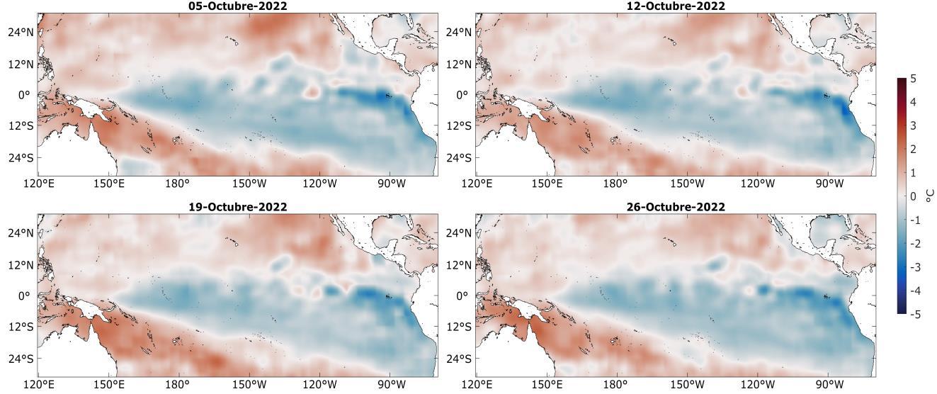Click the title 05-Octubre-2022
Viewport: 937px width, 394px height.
point(237,6)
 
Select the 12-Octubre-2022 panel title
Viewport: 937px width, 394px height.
point(676,6)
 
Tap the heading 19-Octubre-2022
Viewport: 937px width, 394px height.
point(237,207)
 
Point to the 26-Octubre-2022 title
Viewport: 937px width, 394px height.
point(676,207)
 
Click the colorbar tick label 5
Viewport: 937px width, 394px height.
point(913,79)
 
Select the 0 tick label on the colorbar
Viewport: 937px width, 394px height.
point(913,196)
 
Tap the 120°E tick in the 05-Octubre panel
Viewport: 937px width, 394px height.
point(40,184)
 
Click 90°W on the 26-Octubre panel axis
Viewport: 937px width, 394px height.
point(829,384)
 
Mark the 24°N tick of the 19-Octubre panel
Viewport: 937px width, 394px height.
point(21,233)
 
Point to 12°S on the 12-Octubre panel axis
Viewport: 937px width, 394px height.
point(459,125)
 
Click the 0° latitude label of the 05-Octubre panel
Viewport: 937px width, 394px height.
point(24,95)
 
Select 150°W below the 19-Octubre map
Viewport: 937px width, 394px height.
point(250,384)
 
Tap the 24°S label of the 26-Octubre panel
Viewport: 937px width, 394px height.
point(459,359)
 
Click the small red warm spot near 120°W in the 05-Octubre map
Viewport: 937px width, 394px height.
point(311,91)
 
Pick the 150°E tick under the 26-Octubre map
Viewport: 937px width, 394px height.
point(547,384)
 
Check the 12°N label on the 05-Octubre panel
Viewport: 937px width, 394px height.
point(21,64)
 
